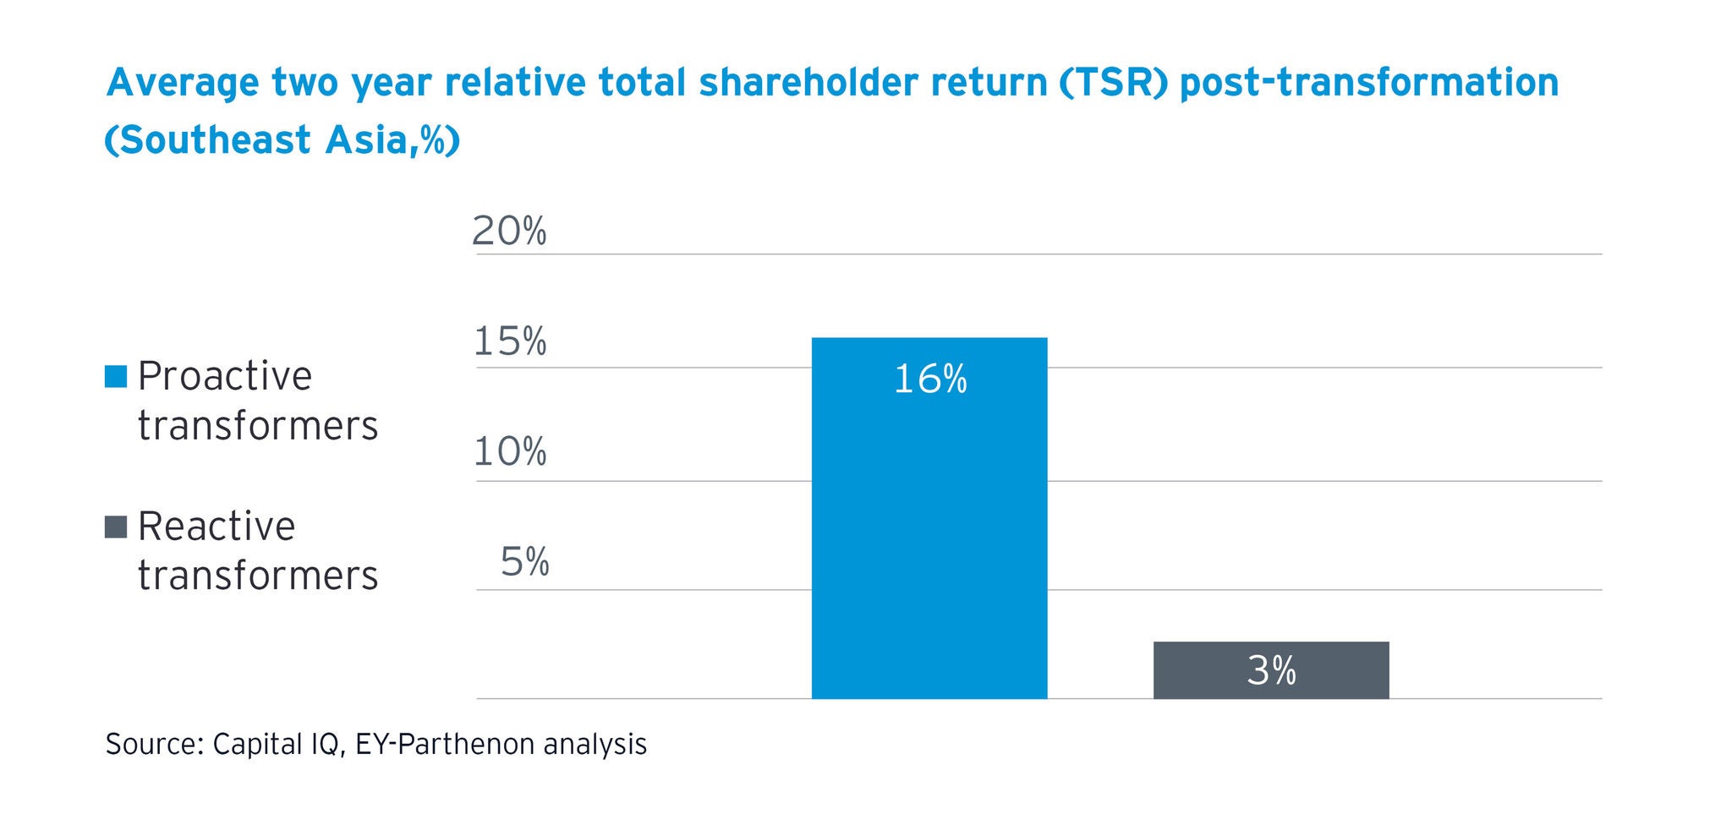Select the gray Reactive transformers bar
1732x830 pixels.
tap(1270, 669)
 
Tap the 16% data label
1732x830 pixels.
tap(929, 380)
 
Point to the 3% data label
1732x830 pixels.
tap(1271, 671)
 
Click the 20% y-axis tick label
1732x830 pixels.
tap(509, 231)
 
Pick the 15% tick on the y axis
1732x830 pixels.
tap(509, 341)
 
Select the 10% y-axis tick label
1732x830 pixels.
tap(509, 452)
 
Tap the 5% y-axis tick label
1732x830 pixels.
tap(524, 562)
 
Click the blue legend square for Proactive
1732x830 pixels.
tap(116, 376)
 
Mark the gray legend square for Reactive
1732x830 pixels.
tap(116, 527)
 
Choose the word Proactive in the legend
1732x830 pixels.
tap(225, 376)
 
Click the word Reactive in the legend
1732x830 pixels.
tap(216, 527)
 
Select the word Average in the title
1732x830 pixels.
tap(182, 83)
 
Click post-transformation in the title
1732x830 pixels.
tap(1369, 83)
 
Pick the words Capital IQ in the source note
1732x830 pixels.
tap(278, 744)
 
